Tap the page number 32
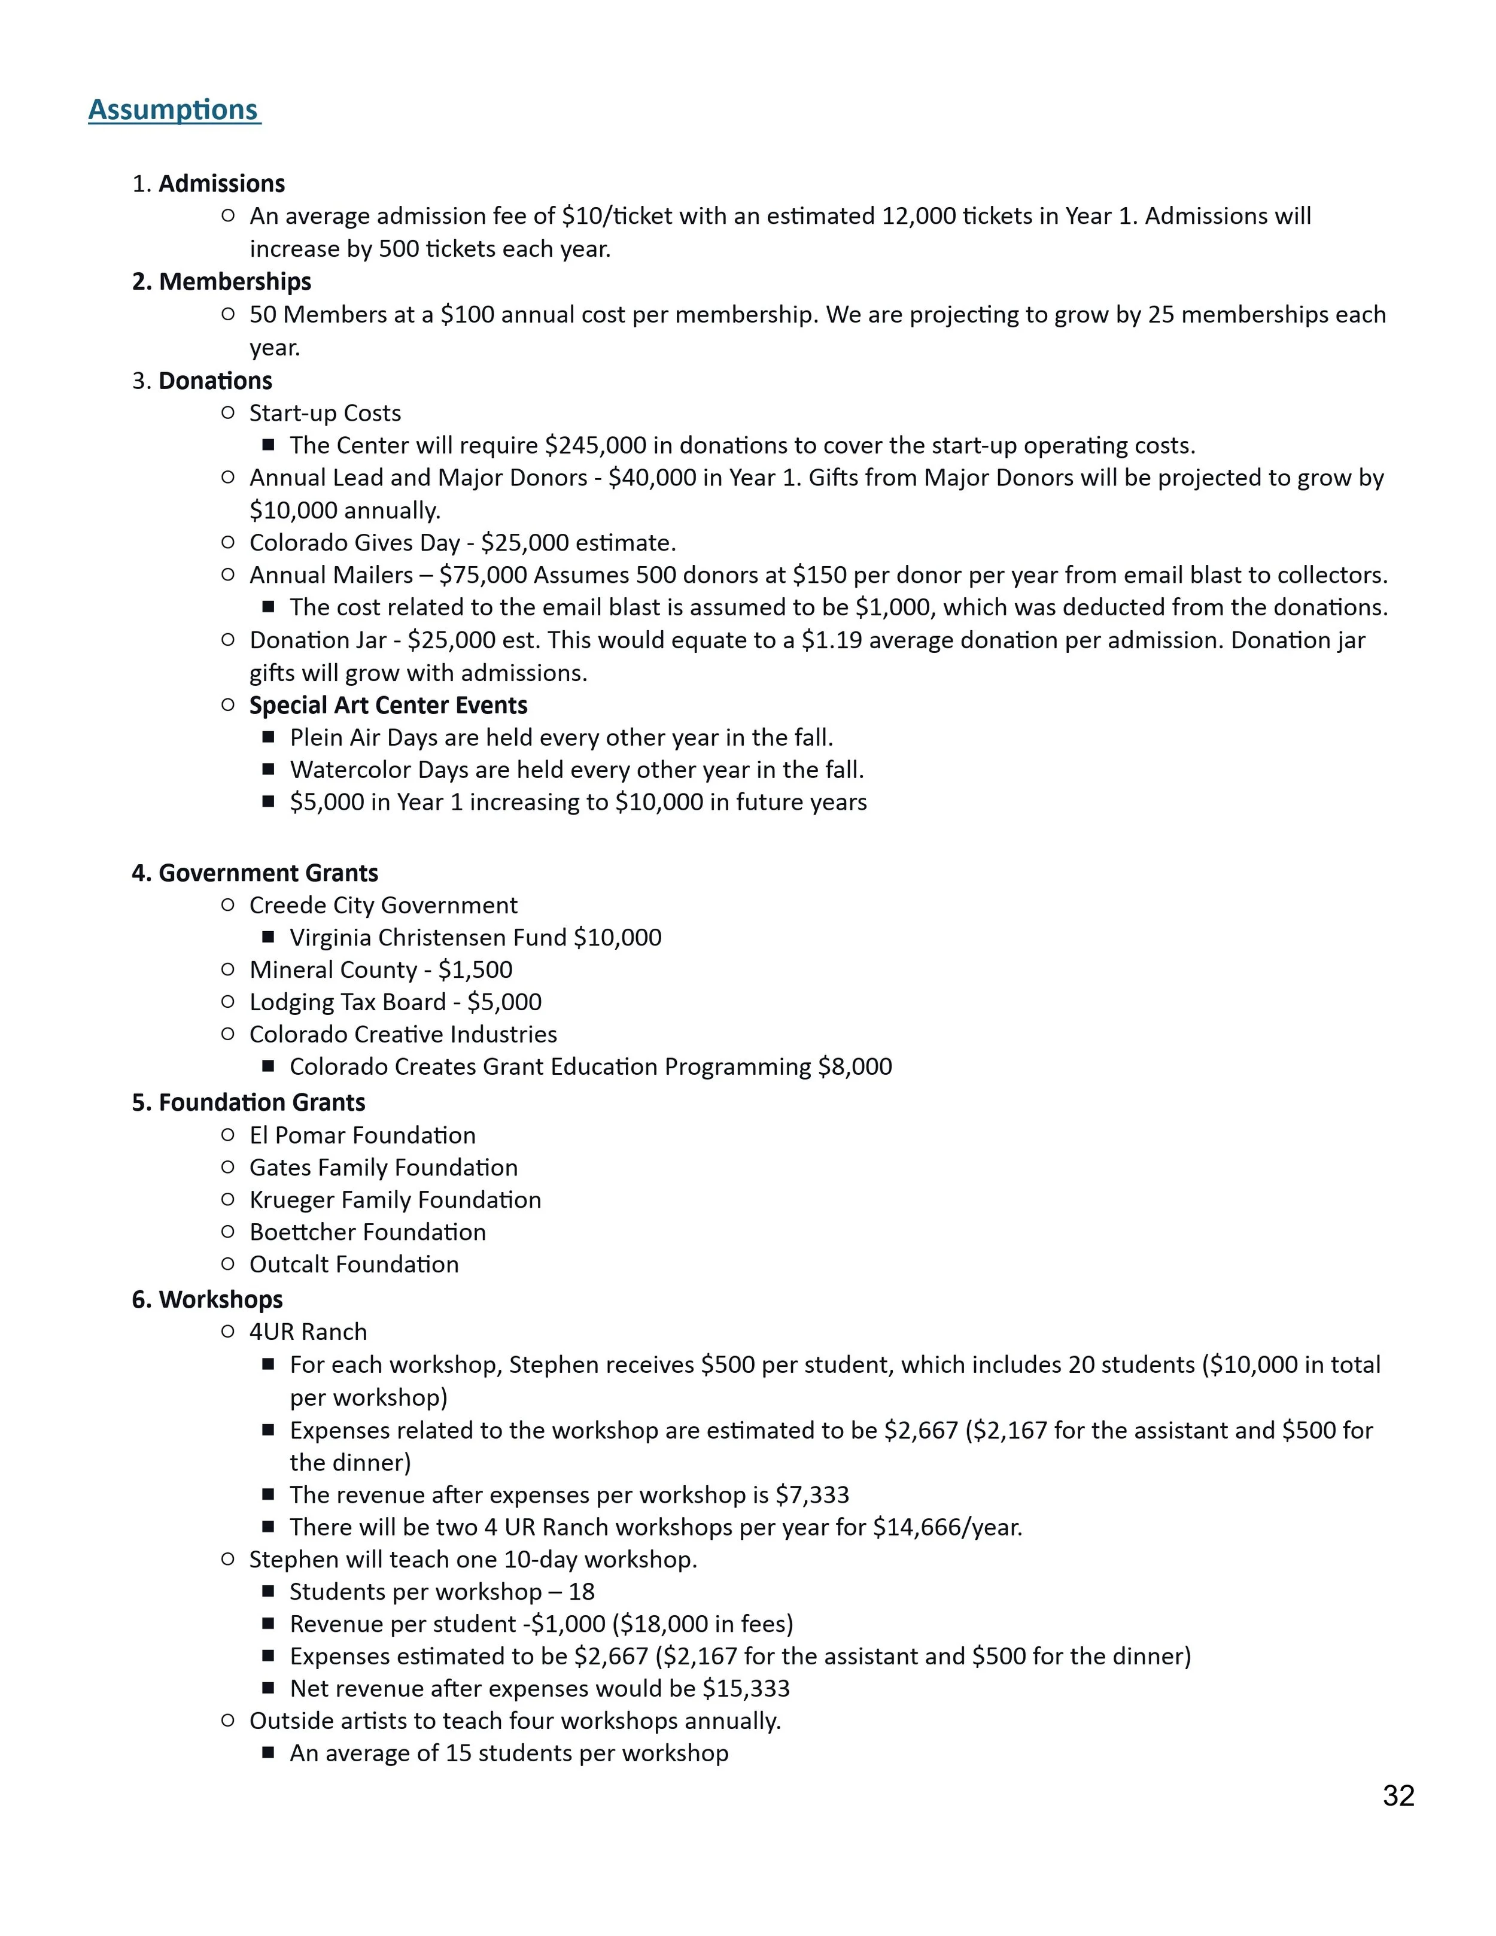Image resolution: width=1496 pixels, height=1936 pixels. [1398, 1795]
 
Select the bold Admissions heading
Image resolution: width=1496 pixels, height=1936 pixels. [221, 184]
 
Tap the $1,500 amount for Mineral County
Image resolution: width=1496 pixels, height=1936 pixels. [475, 969]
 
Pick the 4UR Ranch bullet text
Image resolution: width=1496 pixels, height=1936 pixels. [308, 1332]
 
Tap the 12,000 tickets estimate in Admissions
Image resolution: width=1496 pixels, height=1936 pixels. [918, 216]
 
